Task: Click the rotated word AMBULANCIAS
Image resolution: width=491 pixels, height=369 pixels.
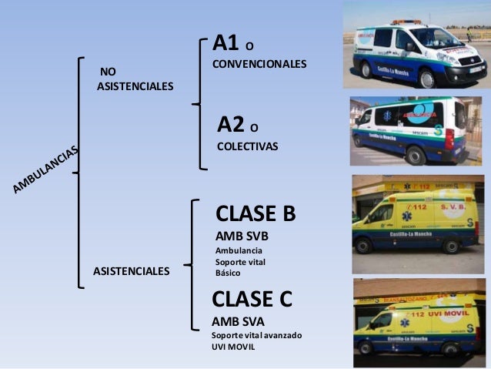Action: coord(46,170)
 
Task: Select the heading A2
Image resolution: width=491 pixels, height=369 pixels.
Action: coord(231,124)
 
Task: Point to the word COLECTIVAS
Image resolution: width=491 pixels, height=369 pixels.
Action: coord(248,145)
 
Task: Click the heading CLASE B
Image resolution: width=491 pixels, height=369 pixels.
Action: coord(255,213)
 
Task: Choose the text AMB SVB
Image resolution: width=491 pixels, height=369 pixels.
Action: coord(242,236)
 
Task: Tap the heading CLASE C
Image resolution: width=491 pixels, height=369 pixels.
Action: coord(252,298)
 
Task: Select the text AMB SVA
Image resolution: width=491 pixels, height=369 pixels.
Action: coord(238,321)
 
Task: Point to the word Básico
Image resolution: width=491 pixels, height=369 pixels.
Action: coord(228,273)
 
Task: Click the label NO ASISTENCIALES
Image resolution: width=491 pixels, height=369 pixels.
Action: coord(135,79)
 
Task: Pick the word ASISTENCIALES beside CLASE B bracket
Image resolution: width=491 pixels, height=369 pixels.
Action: coord(131,271)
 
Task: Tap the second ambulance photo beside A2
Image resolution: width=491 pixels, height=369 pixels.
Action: coord(416,131)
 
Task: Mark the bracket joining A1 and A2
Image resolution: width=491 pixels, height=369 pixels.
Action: coord(202,101)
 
